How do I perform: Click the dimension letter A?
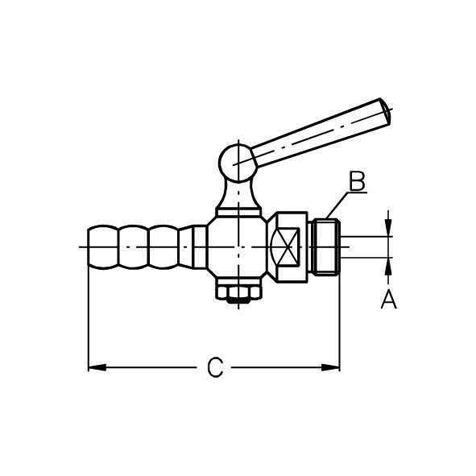point(389,299)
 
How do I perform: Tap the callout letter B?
point(357,181)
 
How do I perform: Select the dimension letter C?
point(215,367)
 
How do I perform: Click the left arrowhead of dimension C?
point(97,367)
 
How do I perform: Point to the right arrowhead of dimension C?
point(330,367)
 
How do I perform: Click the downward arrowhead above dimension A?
point(388,227)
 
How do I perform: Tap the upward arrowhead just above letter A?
point(388,267)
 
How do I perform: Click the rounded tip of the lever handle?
point(386,111)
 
